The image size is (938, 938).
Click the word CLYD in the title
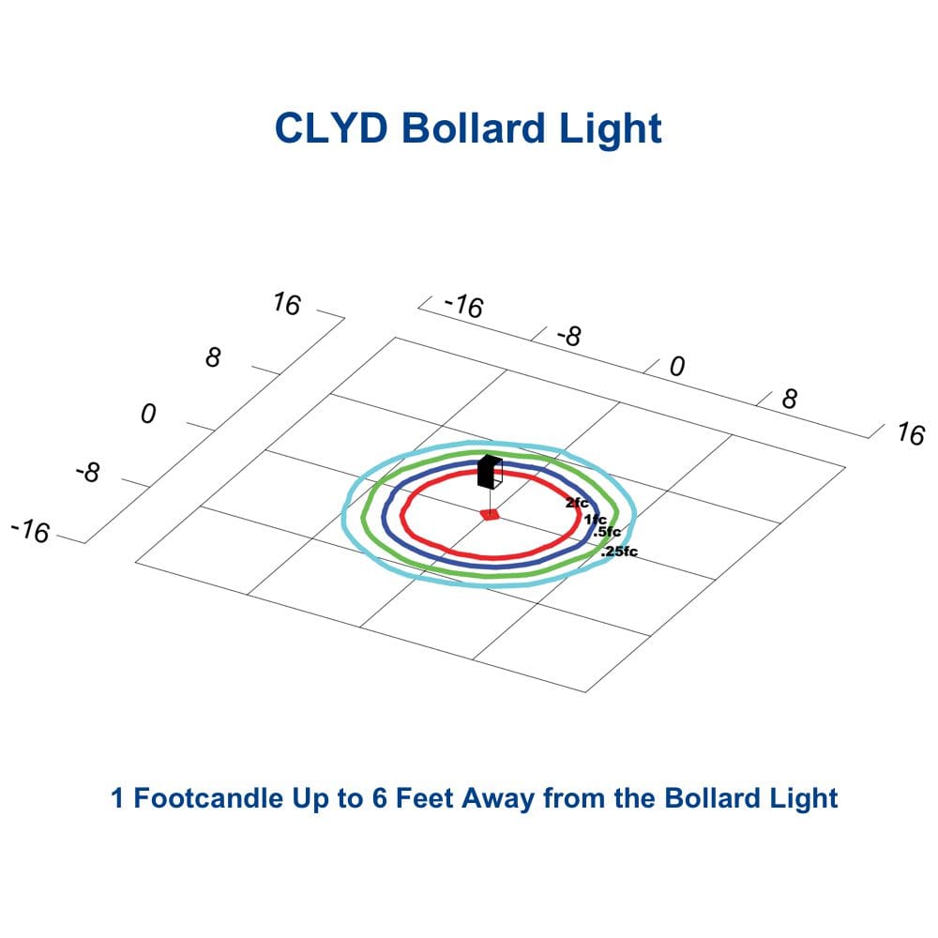click(331, 128)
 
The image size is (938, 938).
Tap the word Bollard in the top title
click(473, 128)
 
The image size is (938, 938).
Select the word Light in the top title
click(611, 130)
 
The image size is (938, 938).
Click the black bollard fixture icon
click(490, 472)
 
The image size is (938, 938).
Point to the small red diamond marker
click(490, 514)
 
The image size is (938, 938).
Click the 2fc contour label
click(577, 503)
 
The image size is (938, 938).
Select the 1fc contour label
click(596, 520)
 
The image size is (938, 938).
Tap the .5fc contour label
click(607, 531)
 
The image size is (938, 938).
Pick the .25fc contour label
click(619, 552)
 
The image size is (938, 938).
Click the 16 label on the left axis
click(286, 304)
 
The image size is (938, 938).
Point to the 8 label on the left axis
click(213, 357)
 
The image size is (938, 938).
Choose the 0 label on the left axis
click(148, 414)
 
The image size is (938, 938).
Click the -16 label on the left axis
click(30, 531)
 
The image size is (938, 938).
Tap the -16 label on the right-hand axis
click(463, 306)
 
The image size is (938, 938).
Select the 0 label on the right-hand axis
click(677, 366)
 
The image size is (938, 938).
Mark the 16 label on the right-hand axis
click(911, 433)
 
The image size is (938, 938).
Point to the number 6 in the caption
click(379, 798)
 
